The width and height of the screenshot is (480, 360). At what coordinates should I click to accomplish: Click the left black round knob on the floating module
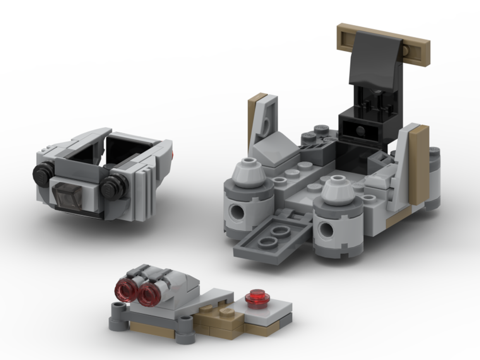[42, 172]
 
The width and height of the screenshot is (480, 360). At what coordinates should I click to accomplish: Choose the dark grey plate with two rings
[272, 237]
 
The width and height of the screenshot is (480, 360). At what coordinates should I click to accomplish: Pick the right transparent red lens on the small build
[148, 293]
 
